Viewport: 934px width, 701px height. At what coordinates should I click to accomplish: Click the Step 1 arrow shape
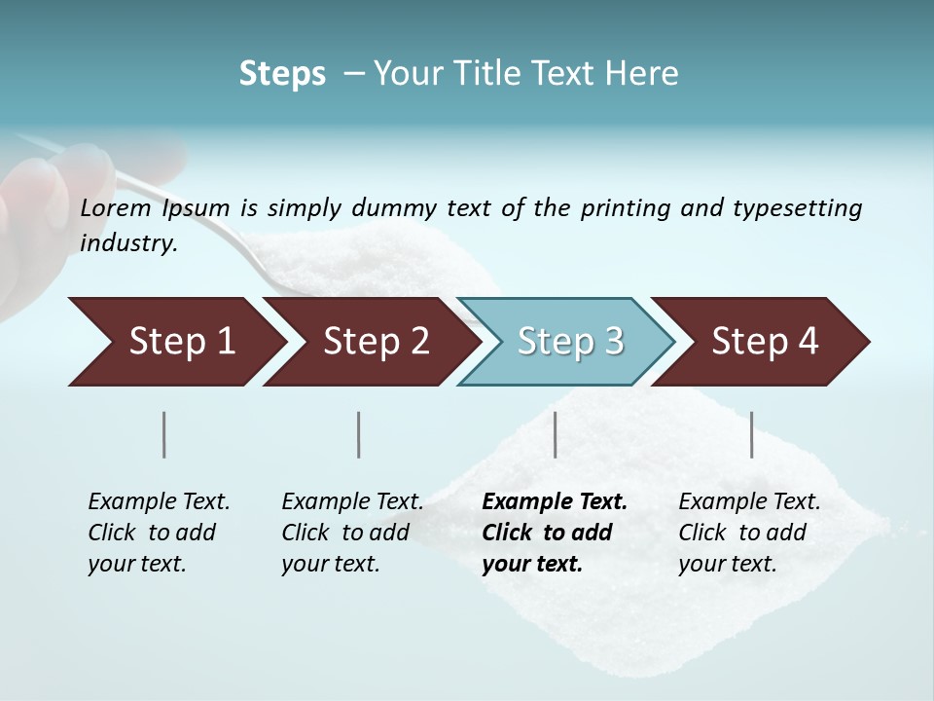175,342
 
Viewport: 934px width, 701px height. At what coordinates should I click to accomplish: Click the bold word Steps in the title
282,74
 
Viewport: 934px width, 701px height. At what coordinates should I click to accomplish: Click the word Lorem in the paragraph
116,207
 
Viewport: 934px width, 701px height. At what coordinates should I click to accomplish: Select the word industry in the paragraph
127,242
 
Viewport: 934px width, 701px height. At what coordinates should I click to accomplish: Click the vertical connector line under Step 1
164,434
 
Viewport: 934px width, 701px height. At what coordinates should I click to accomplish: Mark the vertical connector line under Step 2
359,434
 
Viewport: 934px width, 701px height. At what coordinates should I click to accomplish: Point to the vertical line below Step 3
555,434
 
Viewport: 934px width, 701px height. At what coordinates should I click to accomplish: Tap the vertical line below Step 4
751,434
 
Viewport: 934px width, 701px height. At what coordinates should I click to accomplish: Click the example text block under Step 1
159,533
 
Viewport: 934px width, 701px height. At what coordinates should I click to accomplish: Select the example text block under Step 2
352,533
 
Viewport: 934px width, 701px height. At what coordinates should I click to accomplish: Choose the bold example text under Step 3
555,533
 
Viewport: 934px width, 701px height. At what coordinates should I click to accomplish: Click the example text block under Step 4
749,533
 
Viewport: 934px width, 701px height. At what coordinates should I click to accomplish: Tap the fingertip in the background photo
34,190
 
